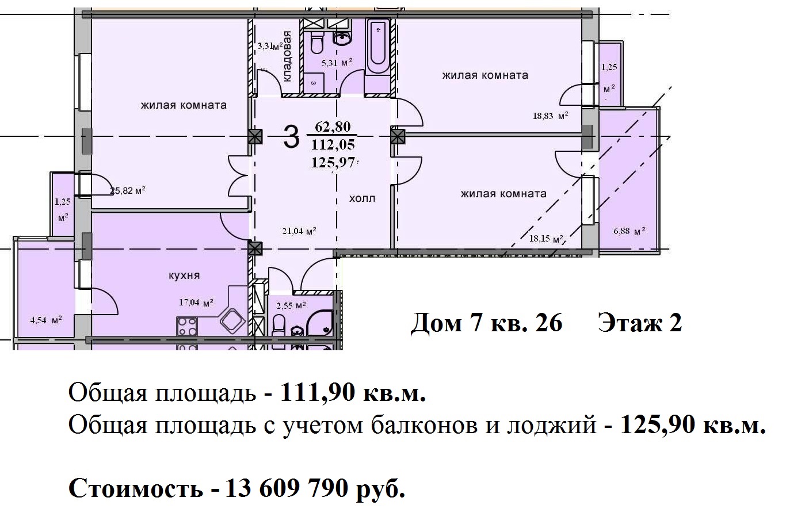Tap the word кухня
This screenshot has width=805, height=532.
[184, 275]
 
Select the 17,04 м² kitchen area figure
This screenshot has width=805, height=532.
[196, 302]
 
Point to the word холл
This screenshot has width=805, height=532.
[362, 198]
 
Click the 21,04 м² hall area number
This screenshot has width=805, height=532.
[299, 231]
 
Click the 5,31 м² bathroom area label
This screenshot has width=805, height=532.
[337, 63]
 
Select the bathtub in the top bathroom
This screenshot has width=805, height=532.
[379, 46]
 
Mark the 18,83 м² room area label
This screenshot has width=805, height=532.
[550, 116]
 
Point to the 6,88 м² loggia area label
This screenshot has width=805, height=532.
[629, 231]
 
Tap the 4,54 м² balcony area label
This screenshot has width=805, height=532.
[46, 320]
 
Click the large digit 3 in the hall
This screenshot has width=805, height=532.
[292, 137]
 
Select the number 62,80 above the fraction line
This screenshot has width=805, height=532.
[333, 127]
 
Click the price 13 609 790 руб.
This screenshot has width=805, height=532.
[315, 488]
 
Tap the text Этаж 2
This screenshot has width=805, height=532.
[640, 323]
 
